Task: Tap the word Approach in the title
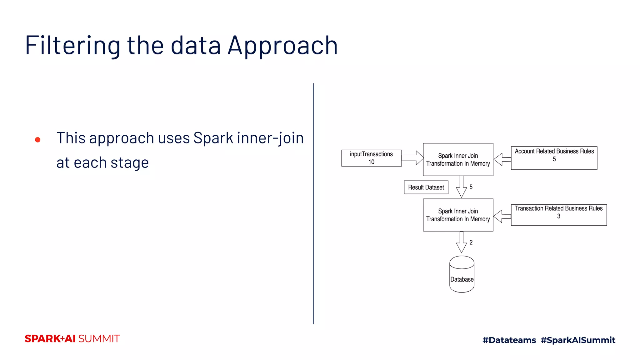(282, 46)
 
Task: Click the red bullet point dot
(38, 140)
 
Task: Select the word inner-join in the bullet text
(270, 138)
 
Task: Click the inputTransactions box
(371, 158)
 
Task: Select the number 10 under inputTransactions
(371, 162)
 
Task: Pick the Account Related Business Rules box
(554, 158)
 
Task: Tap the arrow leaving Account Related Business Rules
(502, 159)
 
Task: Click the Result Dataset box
(426, 187)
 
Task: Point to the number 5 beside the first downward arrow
(471, 187)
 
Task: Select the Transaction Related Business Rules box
(559, 215)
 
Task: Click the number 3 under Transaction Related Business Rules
(559, 216)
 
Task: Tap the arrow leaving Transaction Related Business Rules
(502, 216)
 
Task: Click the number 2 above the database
(471, 242)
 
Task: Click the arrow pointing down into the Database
(461, 242)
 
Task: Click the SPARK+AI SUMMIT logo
(72, 339)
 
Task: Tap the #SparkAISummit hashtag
(578, 340)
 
